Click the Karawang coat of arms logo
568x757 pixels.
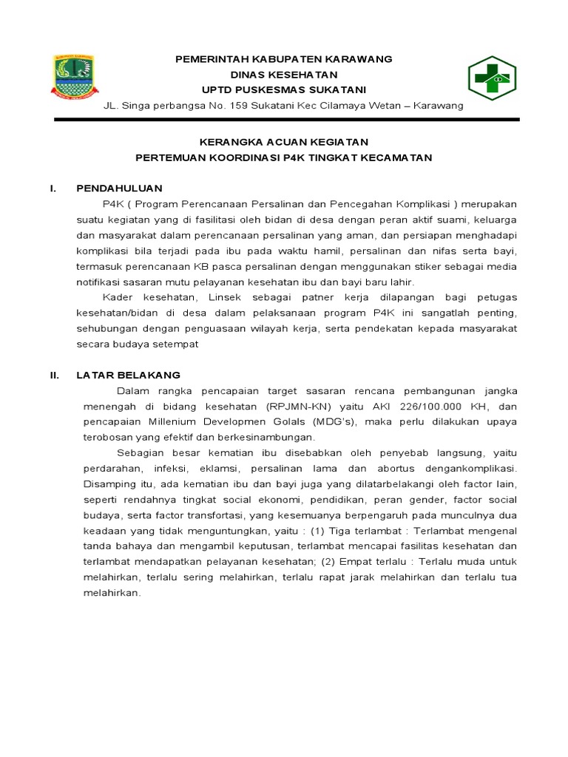[x=72, y=77]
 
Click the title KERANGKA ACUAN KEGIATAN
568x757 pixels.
[x=284, y=142]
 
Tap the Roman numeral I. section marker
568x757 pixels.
[x=53, y=189]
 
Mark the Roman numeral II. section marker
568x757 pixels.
[x=54, y=376]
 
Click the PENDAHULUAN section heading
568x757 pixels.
[x=119, y=189]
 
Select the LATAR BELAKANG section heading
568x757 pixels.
[x=128, y=376]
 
